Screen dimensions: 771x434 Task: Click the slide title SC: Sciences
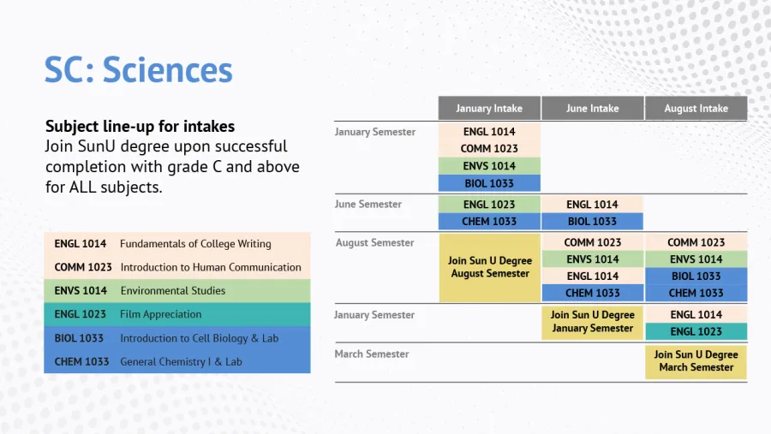tap(138, 70)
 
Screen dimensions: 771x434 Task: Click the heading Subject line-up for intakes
tap(140, 127)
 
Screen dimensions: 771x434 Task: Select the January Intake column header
tap(489, 108)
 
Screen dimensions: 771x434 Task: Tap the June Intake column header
tap(593, 108)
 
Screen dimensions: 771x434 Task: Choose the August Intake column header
tap(696, 108)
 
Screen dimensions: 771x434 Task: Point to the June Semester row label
tap(368, 204)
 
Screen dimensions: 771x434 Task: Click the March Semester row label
tap(372, 354)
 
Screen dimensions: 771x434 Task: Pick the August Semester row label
tap(374, 242)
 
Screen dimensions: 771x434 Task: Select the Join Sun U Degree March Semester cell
tap(696, 361)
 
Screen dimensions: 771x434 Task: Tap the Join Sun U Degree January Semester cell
tap(593, 322)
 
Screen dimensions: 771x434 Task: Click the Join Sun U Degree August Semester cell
tap(490, 267)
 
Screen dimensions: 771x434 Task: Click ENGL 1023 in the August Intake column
tap(696, 331)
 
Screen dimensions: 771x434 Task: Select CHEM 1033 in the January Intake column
tap(489, 222)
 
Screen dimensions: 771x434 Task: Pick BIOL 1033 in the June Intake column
tap(593, 222)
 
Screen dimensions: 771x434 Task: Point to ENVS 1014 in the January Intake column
tap(489, 166)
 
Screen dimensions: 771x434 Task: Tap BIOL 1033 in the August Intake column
tap(696, 276)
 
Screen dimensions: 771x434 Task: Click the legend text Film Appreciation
tap(161, 314)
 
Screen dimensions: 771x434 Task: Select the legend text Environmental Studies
tap(173, 290)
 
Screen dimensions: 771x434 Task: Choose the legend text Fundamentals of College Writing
tap(195, 244)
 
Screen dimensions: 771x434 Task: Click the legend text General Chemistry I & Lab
tap(182, 362)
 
